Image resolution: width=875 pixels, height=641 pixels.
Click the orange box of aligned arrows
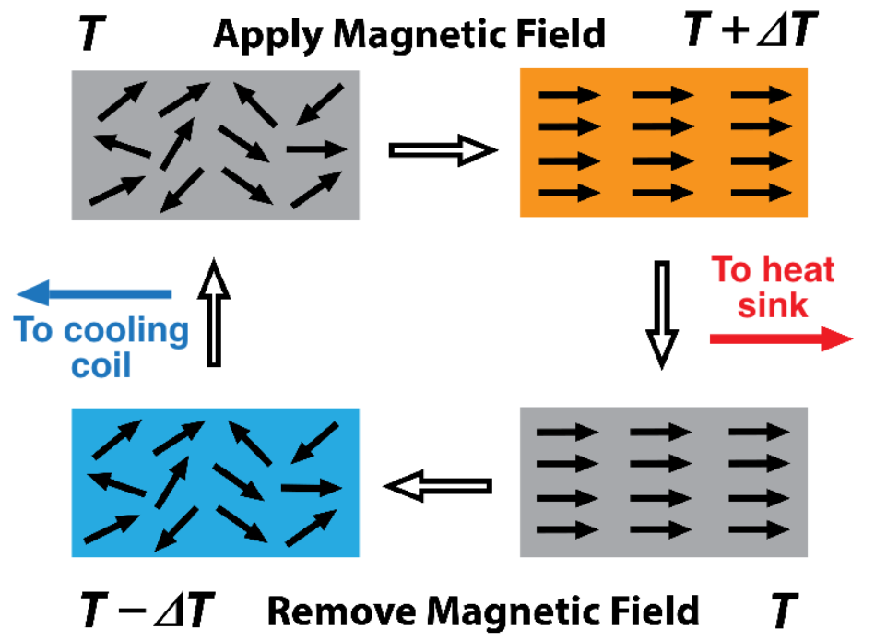(x=664, y=143)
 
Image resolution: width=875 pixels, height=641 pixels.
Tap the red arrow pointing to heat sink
(x=780, y=339)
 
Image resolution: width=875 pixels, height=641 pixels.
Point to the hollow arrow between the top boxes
(x=443, y=149)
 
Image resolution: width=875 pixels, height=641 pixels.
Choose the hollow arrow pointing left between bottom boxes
(x=437, y=484)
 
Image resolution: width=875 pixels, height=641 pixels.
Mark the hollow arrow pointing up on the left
(x=214, y=313)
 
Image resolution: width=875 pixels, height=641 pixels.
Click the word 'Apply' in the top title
(x=264, y=36)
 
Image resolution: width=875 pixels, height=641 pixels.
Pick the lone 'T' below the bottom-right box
(x=782, y=610)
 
